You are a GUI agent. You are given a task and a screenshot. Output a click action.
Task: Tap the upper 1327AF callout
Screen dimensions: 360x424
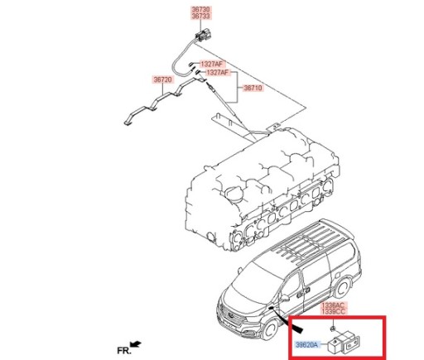211,63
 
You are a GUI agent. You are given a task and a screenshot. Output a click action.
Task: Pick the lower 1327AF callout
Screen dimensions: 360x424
219,73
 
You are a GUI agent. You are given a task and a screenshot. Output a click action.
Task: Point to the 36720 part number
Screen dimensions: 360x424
161,80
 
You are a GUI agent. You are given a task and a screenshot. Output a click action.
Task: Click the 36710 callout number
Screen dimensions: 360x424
252,87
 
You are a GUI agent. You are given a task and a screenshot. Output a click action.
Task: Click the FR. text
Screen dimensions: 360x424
124,351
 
